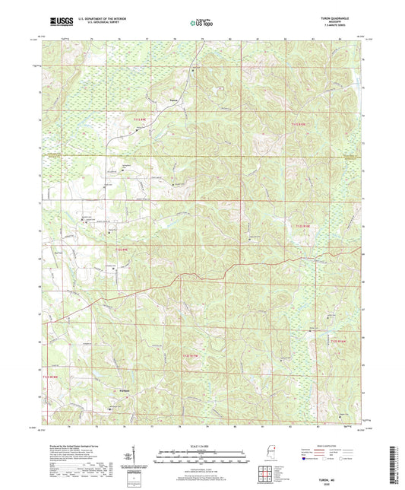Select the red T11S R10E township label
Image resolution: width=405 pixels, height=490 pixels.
(301, 124)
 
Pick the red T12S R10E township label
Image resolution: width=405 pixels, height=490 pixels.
(303, 225)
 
